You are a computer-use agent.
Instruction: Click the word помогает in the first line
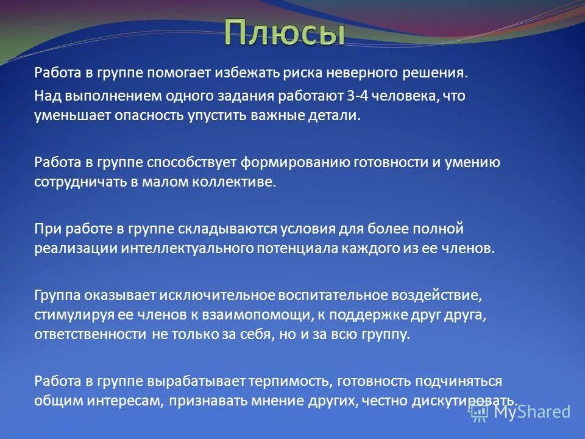(180, 73)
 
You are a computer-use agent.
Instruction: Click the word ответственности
(90, 335)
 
